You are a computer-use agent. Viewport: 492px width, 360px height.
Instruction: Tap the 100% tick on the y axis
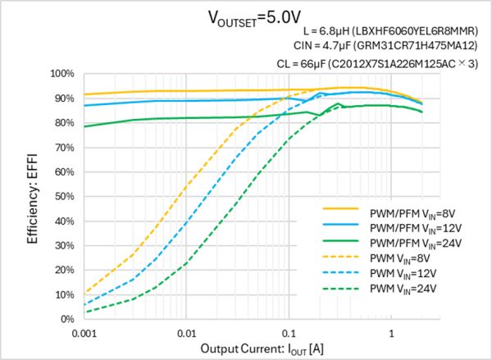[x=62, y=73]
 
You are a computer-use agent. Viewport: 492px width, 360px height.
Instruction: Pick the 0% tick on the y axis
[x=67, y=319]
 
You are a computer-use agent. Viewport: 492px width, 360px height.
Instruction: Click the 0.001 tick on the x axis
[x=84, y=334]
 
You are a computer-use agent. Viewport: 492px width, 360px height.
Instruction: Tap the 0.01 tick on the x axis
[x=187, y=334]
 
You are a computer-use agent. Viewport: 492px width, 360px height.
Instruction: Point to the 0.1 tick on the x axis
[x=289, y=334]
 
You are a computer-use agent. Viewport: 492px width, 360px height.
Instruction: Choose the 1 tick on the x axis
[x=392, y=334]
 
